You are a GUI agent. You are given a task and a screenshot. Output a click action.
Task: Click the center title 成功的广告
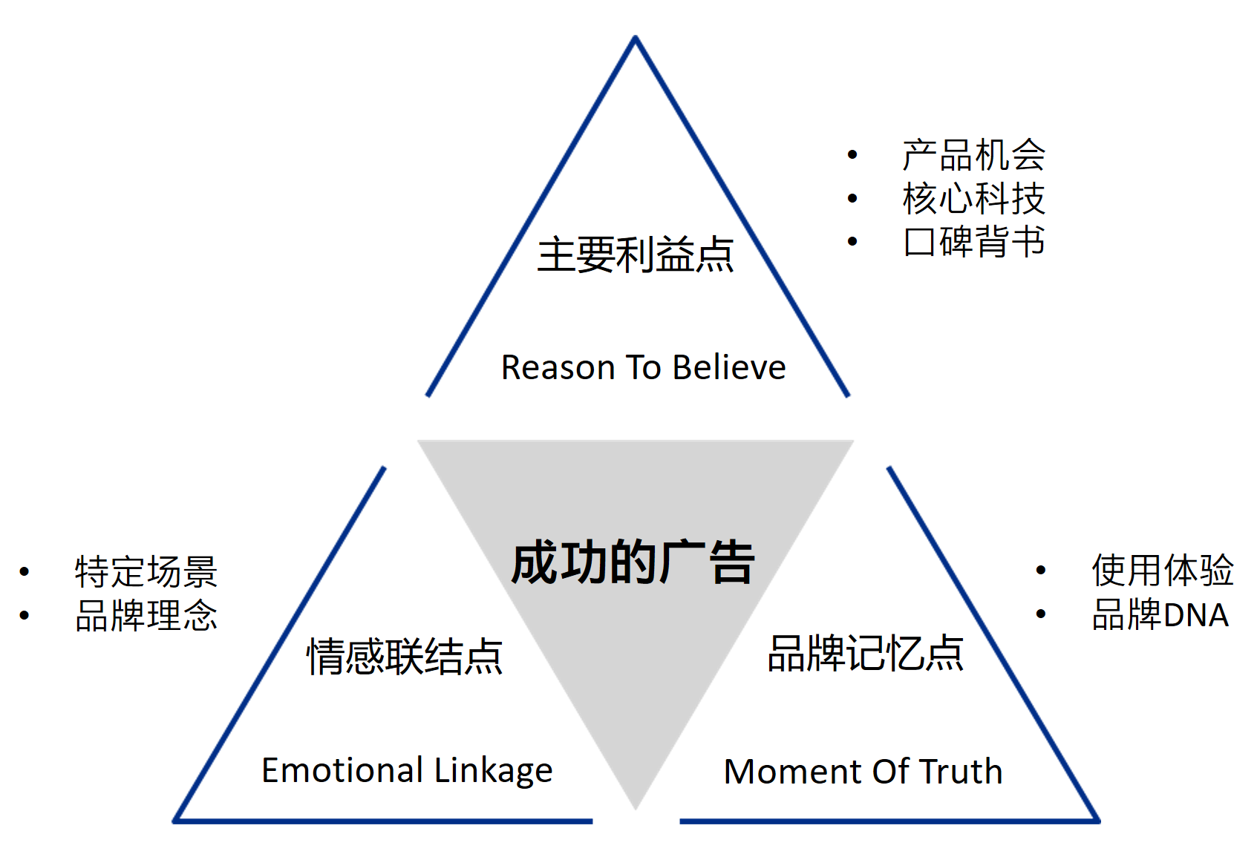tap(633, 562)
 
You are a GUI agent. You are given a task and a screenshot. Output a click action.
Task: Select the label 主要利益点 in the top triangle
tap(636, 255)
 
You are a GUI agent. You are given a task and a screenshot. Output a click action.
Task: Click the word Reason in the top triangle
tap(558, 367)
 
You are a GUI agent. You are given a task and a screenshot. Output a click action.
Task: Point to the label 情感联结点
tap(405, 656)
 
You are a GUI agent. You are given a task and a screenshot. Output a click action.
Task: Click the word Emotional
tap(342, 770)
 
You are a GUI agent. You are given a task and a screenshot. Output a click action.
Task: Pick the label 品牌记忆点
tap(866, 653)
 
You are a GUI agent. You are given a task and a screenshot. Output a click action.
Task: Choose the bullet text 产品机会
tap(973, 155)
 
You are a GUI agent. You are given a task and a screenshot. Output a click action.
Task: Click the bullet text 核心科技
tap(973, 198)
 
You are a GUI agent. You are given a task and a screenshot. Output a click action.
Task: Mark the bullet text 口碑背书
tap(973, 241)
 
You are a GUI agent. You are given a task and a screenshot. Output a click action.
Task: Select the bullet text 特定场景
tap(146, 572)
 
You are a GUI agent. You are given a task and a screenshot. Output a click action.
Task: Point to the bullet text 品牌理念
tap(146, 615)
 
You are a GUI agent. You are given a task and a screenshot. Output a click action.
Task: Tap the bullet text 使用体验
tap(1162, 570)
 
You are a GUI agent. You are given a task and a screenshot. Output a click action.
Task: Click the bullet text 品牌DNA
tap(1160, 614)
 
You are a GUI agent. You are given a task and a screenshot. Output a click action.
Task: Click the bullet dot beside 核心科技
tap(852, 198)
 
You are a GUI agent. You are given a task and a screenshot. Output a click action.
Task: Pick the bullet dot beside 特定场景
tap(25, 571)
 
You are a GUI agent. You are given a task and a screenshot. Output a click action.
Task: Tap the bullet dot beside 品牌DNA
tap(1041, 614)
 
